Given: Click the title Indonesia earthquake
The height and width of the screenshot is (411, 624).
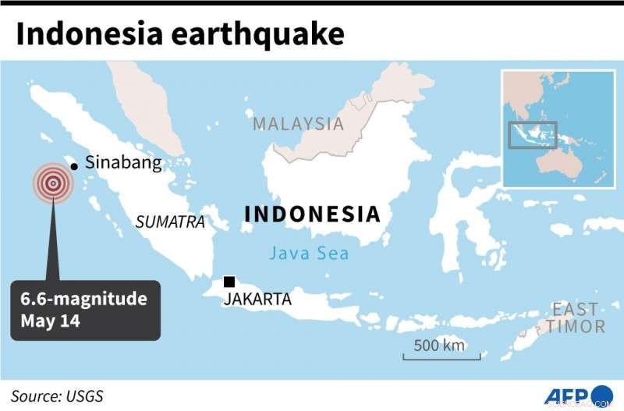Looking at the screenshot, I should pos(179,35).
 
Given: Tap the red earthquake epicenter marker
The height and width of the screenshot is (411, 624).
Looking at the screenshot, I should pos(52,183).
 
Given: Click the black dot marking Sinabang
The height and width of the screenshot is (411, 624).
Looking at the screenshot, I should pos(73,165).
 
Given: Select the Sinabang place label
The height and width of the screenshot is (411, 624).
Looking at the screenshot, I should pos(123,163).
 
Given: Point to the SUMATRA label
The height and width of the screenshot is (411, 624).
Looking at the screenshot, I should pos(170,221).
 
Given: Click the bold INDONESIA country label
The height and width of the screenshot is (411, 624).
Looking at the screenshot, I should pos(312,214).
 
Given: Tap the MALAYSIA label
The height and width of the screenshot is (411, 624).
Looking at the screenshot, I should pos(298,124).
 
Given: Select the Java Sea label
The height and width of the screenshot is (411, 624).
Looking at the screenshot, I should pos(309,253).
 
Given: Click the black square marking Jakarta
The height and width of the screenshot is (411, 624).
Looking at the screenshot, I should pos(229,282).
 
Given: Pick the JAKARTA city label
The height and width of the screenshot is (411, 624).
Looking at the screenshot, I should pos(257,299).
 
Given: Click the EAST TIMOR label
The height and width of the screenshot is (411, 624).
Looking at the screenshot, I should pos(576,318).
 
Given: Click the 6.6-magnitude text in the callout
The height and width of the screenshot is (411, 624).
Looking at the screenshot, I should pos(84,299).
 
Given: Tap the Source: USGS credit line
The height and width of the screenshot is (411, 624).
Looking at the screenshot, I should pos(57,395).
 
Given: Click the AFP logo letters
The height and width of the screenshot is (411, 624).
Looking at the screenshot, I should pos(566,395).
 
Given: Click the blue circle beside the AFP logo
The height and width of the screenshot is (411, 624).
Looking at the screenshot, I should pos(602,395).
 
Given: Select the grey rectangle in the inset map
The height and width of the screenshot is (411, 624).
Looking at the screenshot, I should pos(533,134).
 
